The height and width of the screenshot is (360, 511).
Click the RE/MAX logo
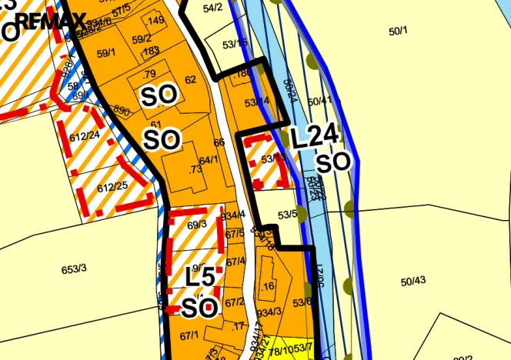[51, 21]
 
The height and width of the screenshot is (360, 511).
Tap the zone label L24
[315, 137]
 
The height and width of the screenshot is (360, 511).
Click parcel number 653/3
[74, 268]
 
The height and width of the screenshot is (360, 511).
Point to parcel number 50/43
[413, 281]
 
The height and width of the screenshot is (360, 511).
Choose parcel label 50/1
[398, 30]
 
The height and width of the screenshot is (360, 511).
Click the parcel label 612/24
[85, 135]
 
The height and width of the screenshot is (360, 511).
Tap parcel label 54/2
[212, 8]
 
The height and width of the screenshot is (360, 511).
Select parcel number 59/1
[106, 53]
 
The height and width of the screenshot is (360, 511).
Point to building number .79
[149, 75]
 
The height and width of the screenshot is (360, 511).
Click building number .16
[268, 286]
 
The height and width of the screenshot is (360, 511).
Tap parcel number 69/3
[197, 225]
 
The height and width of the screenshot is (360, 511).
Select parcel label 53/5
[288, 215]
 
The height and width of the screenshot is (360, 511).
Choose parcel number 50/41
[319, 101]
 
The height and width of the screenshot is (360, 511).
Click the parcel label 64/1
[209, 160]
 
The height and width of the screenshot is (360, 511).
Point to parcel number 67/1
[189, 335]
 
